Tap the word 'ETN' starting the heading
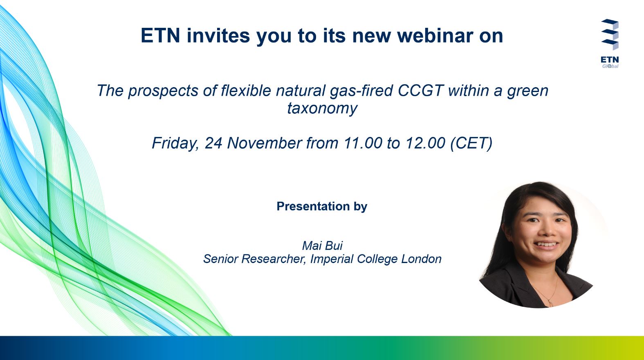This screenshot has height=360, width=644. coord(160,36)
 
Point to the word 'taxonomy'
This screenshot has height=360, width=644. coord(322,108)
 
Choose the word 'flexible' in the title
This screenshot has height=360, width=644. coord(246,90)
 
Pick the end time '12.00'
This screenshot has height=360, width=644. coord(425,143)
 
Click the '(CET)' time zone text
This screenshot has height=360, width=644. coord(471,143)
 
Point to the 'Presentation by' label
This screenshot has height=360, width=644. coord(322,207)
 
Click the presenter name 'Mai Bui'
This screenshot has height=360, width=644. coord(322,246)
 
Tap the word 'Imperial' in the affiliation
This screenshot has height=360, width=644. coord(332,259)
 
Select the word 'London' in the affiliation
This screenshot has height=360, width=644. coord(422,259)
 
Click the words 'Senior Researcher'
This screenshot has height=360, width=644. coord(254,259)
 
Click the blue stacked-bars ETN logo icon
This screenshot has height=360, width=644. coord(610,34)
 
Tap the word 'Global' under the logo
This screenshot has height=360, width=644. coord(610,66)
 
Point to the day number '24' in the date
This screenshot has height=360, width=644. coord(213,143)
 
